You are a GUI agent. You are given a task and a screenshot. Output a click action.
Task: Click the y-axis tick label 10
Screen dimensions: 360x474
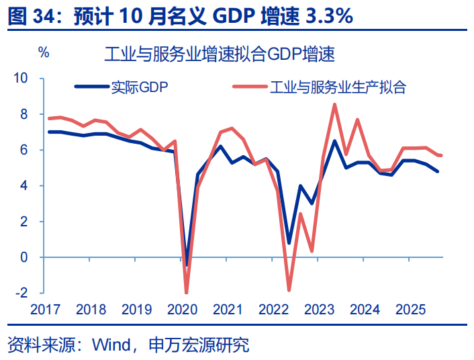pyautogui.click(x=21, y=79)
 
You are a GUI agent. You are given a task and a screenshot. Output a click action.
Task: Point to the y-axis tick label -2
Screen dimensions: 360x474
pyautogui.click(x=21, y=293)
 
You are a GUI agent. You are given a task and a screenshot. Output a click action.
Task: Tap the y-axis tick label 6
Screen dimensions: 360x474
pyautogui.click(x=24, y=150)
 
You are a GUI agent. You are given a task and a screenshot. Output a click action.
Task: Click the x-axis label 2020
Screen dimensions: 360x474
pyautogui.click(x=181, y=310)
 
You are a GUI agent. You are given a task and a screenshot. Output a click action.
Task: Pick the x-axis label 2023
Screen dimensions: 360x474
pyautogui.click(x=319, y=310)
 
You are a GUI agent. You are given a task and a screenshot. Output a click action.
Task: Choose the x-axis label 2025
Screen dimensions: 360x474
pyautogui.click(x=410, y=310)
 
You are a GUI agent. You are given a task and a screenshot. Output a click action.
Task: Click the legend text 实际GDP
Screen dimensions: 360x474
pyautogui.click(x=140, y=87)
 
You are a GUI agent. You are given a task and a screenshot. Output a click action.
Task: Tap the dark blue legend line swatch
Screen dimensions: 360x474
pyautogui.click(x=91, y=87)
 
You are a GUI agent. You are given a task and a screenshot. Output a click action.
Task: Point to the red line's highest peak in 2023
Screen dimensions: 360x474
pyautogui.click(x=335, y=104)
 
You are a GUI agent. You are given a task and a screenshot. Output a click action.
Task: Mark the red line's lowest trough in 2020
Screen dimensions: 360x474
pyautogui.click(x=186, y=293)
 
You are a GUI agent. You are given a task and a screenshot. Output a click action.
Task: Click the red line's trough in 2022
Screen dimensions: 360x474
pyautogui.click(x=289, y=290)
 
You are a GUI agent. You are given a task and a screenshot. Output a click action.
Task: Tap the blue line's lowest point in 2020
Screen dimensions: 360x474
pyautogui.click(x=187, y=265)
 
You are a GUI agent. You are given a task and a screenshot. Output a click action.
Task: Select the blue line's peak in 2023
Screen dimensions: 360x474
pyautogui.click(x=335, y=141)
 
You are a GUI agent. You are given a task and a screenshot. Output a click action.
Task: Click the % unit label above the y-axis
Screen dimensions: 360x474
pyautogui.click(x=44, y=53)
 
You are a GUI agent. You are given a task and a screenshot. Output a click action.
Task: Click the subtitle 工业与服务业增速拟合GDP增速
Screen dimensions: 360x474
pyautogui.click(x=220, y=54)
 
